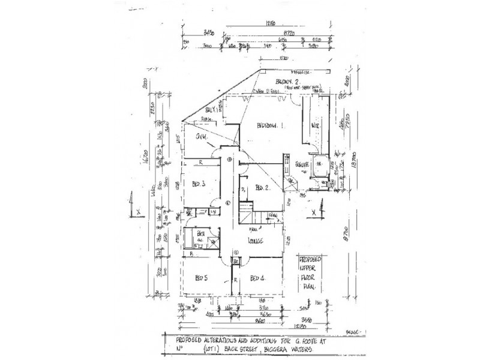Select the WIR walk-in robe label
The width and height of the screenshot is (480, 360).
314,126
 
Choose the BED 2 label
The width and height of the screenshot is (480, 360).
261,187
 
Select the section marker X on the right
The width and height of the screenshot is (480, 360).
314,211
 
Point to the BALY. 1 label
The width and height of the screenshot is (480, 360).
210,110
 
